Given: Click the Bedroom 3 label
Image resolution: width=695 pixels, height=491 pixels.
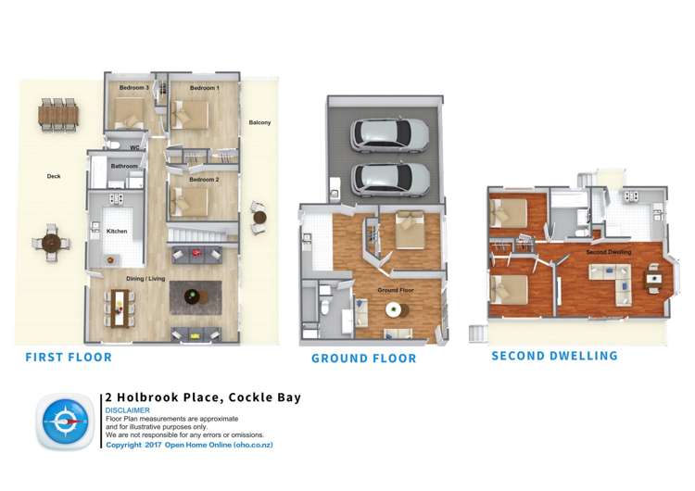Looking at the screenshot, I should click(134, 88).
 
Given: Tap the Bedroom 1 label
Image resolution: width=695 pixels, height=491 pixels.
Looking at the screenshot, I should click(205, 88).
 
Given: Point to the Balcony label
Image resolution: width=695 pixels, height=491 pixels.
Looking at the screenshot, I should click(259, 122).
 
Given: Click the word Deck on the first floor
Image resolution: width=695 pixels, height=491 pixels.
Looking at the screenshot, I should click(54, 175).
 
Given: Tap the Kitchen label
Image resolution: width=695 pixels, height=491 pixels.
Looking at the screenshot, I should click(117, 231).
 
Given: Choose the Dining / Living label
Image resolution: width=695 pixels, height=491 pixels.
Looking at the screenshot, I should click(146, 277).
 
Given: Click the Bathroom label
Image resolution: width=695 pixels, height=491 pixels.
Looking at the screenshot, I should click(124, 166).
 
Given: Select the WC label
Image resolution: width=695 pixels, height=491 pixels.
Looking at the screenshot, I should click(134, 147).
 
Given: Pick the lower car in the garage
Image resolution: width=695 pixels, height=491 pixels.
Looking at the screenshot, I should click(390, 178).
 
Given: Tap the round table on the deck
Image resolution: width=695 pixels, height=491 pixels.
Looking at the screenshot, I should click(52, 244).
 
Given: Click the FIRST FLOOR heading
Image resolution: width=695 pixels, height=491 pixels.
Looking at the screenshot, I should click(69, 357).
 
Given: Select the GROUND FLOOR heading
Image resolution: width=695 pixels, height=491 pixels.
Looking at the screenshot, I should click(363, 359).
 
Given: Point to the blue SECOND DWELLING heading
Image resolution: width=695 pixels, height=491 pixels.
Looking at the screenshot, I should click(554, 356).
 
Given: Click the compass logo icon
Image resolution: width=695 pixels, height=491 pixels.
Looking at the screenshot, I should click(64, 422).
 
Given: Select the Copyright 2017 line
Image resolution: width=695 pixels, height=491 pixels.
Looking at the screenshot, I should click(189, 445).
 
